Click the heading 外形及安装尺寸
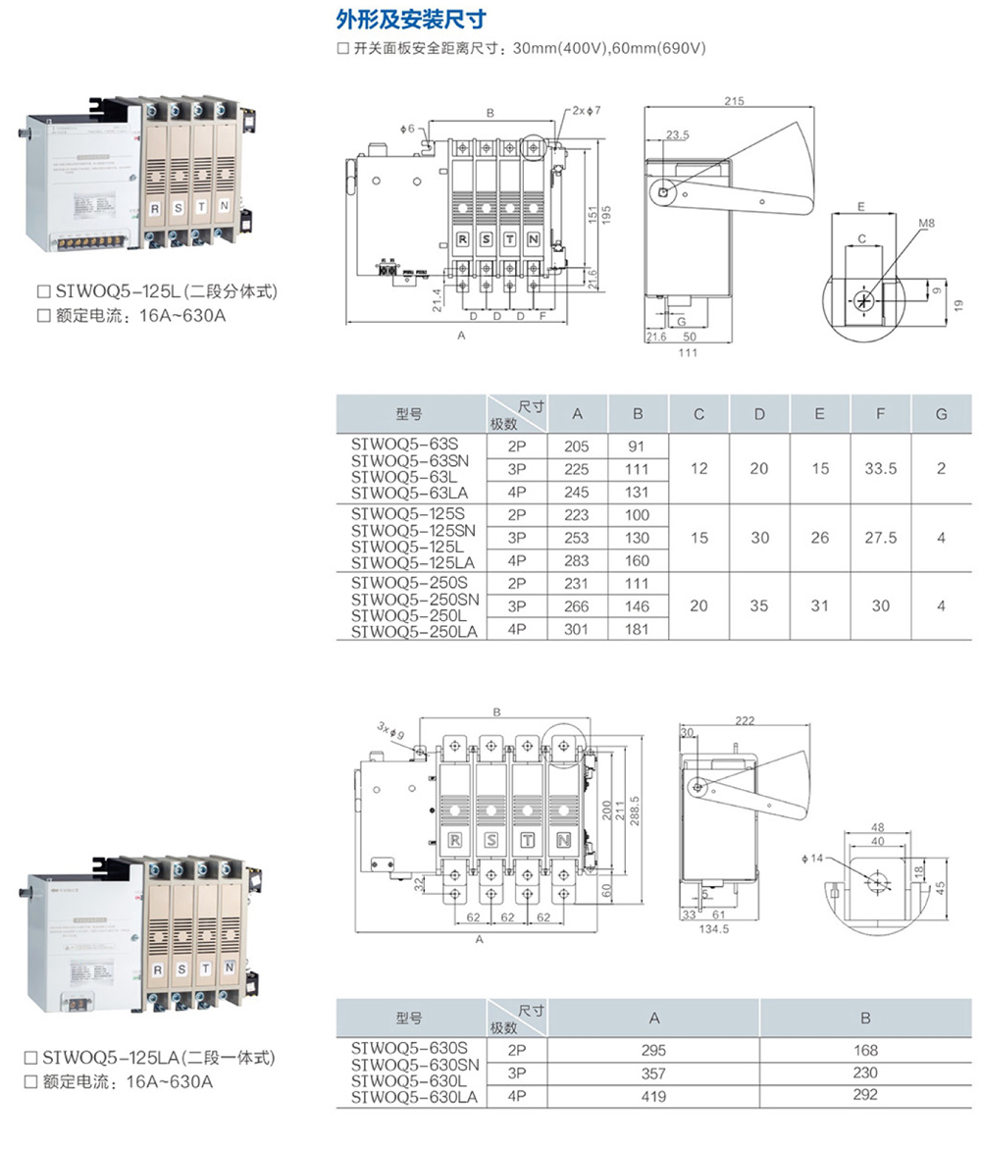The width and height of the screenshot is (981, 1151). pos(411,19)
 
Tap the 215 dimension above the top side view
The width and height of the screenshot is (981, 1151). pos(734,101)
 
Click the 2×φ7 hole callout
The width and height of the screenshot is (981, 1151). pos(586,111)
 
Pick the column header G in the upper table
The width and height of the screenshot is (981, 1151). pos(941,414)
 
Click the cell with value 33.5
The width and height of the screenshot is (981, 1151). pos(881,468)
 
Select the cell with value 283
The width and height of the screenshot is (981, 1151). pos(577,561)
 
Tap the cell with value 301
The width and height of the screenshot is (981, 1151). pos(577,629)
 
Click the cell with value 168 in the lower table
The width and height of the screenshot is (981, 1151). pos(865,1049)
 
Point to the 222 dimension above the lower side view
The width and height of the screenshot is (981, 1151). pos(745,720)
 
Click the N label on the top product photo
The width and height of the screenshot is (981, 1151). pos(225,206)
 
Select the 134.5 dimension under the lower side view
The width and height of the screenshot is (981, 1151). pos(713,928)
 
